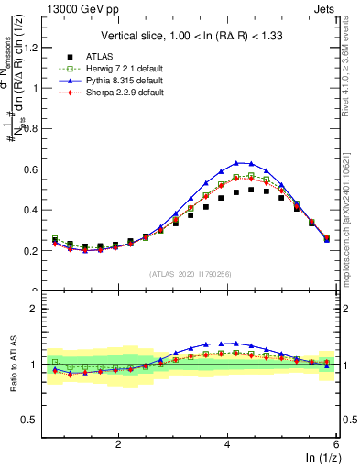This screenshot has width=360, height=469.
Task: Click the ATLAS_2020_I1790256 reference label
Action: tap(190, 274)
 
